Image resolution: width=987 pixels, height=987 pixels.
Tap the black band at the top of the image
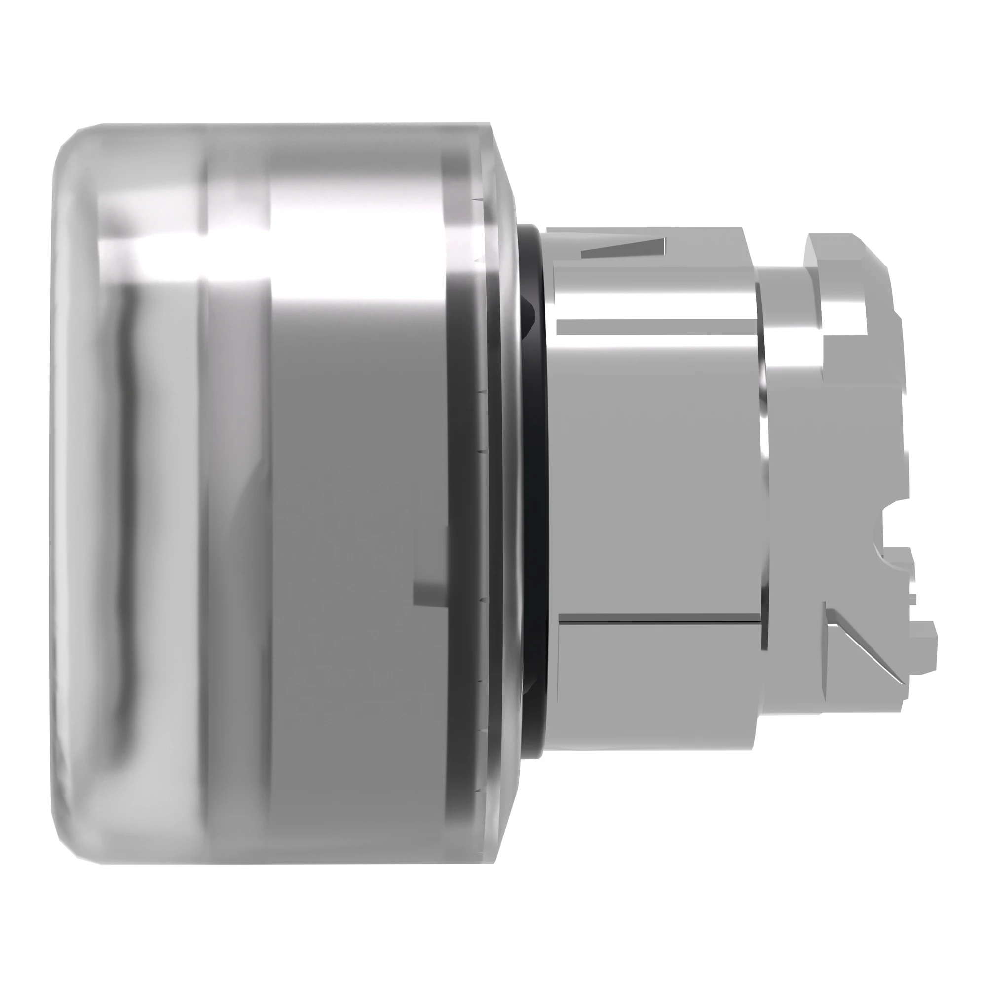493,38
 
